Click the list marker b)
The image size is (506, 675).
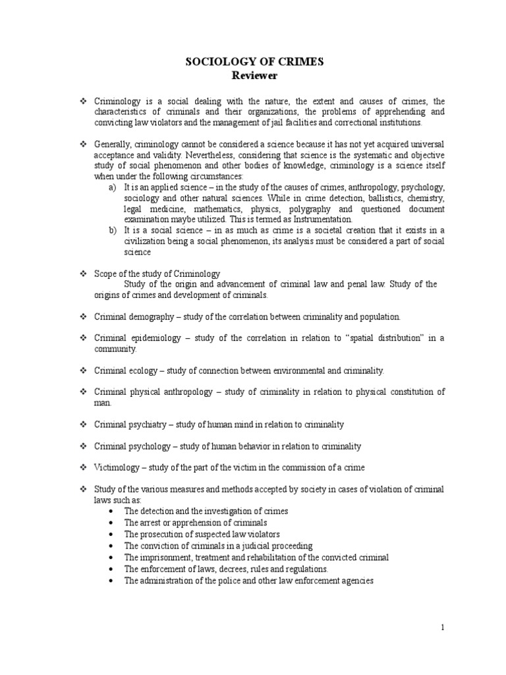(112, 230)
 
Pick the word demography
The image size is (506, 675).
(148, 316)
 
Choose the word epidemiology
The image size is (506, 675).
(154, 338)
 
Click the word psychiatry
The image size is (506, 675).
(146, 425)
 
